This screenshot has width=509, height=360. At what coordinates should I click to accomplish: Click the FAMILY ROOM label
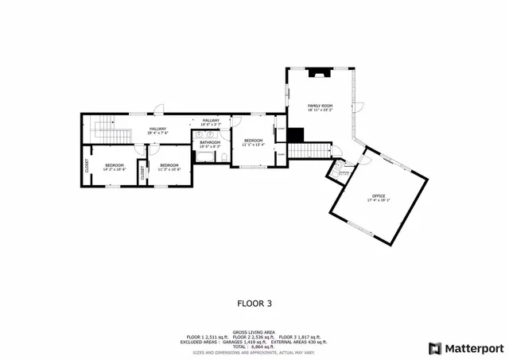pyautogui.click(x=320, y=106)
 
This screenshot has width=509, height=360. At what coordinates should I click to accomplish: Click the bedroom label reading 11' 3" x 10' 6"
pyautogui.click(x=169, y=165)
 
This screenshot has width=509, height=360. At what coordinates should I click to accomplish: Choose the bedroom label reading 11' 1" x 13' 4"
pyautogui.click(x=254, y=141)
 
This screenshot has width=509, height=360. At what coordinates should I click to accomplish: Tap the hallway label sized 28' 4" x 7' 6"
pyautogui.click(x=158, y=129)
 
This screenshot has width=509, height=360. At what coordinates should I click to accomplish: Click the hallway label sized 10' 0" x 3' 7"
pyautogui.click(x=210, y=121)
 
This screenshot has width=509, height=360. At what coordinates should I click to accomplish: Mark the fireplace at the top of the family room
pyautogui.click(x=320, y=74)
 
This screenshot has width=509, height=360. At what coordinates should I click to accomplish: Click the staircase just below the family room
pyautogui.click(x=308, y=151)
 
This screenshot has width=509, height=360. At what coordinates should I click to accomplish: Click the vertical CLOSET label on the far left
pyautogui.click(x=87, y=166)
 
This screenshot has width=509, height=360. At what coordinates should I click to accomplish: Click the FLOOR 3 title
pyautogui.click(x=254, y=303)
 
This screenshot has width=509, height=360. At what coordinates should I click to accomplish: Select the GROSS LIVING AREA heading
pyautogui.click(x=253, y=332)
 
